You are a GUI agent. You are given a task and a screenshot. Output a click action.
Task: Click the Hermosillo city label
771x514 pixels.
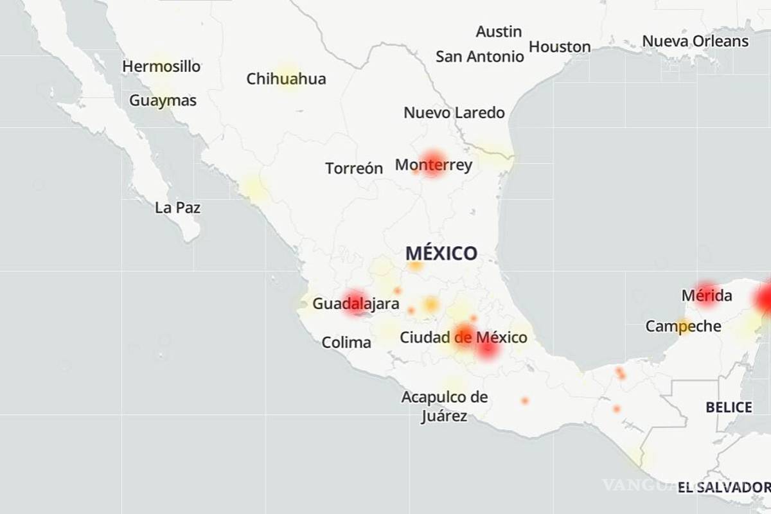point(161,66)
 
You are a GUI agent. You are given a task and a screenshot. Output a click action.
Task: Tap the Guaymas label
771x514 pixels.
point(163,101)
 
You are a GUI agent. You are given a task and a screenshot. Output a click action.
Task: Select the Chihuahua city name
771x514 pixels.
point(286,79)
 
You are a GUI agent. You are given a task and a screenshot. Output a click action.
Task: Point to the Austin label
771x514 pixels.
point(499,31)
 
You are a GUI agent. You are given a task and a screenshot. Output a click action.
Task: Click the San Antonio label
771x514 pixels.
point(479,57)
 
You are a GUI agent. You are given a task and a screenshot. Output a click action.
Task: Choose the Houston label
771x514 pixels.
point(560,47)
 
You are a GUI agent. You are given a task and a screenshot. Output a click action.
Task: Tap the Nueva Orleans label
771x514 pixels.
point(695,41)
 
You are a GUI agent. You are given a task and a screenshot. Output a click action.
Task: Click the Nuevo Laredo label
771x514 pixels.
point(454,112)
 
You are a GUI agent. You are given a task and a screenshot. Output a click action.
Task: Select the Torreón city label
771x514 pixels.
point(353,168)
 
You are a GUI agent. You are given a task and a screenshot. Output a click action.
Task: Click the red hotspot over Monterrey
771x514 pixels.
point(432,163)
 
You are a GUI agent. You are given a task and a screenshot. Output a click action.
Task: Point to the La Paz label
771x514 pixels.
point(177,208)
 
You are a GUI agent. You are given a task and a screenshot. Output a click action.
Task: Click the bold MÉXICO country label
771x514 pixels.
point(441,253)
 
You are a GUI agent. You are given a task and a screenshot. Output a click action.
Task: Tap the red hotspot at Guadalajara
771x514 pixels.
point(355,303)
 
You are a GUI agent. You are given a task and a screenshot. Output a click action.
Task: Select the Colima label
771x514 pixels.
point(346,342)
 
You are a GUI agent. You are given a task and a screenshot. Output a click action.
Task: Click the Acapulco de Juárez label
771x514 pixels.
point(444,406)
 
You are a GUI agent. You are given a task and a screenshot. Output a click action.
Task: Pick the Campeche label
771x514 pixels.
point(683,326)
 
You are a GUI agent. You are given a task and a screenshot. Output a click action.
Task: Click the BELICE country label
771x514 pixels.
point(729,407)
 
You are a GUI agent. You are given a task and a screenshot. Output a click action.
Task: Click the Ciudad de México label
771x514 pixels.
point(463,337)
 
